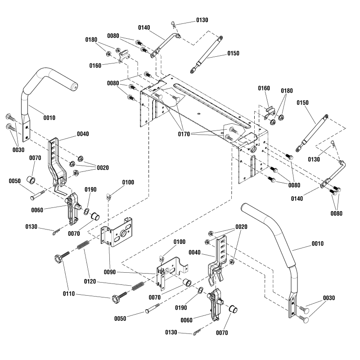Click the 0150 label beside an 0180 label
point(303,103)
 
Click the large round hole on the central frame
point(253,149)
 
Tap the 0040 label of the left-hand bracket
point(83,134)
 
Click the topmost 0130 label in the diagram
point(202,20)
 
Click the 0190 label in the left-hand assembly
point(90,190)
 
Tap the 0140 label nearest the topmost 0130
point(144,27)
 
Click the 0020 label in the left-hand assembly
point(103,167)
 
